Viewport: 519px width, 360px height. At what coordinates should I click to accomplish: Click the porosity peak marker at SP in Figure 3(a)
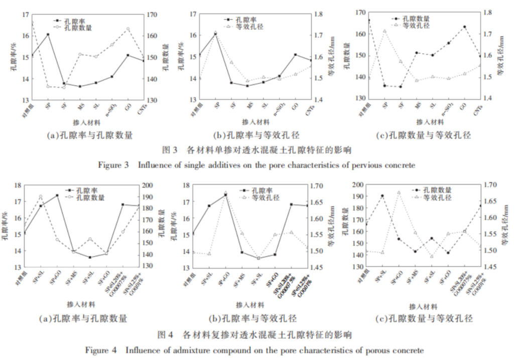pyautogui.click(x=48, y=34)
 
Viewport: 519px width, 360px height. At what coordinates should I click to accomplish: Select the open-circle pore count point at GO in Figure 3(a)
pyautogui.click(x=127, y=29)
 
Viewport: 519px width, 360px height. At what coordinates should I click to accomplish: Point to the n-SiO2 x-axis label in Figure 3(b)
pyautogui.click(x=280, y=109)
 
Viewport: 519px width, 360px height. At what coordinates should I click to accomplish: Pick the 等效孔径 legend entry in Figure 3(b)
pyautogui.click(x=252, y=26)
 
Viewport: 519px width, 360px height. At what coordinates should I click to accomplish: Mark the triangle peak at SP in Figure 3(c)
pyautogui.click(x=385, y=31)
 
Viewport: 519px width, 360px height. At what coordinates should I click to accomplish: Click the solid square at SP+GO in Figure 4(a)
pyautogui.click(x=57, y=195)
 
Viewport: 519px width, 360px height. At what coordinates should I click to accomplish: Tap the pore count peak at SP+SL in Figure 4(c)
pyautogui.click(x=382, y=196)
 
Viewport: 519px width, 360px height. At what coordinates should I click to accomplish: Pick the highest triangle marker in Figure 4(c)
pyautogui.click(x=399, y=192)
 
